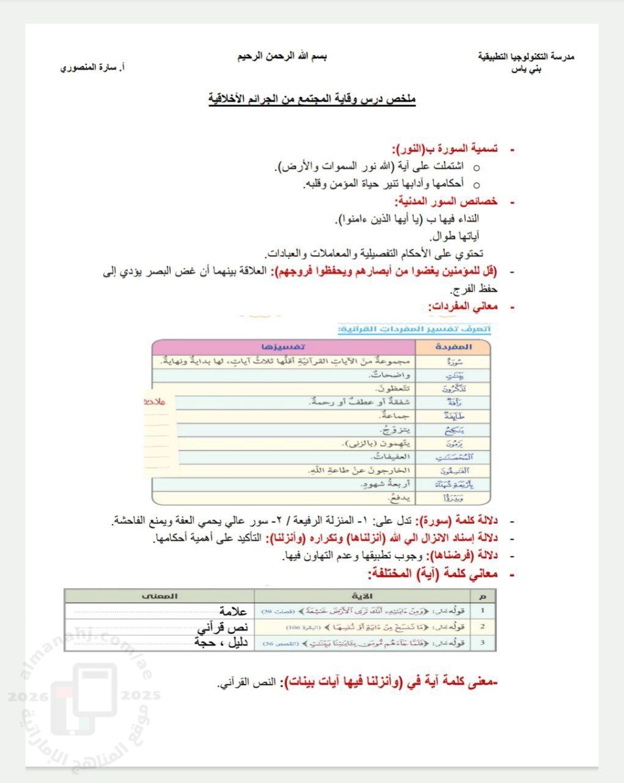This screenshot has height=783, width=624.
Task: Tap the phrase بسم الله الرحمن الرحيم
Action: [282, 56]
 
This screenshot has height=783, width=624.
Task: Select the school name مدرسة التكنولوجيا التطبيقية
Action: [526, 56]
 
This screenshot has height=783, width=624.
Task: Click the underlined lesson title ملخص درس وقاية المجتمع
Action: [312, 98]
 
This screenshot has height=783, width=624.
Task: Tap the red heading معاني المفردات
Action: [463, 306]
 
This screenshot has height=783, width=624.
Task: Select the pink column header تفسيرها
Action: [282, 346]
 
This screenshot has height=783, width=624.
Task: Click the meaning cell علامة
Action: [232, 610]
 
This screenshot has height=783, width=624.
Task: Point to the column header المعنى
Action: [160, 595]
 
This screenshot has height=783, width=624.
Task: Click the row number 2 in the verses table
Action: [483, 626]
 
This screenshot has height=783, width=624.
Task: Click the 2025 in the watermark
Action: [141, 696]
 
